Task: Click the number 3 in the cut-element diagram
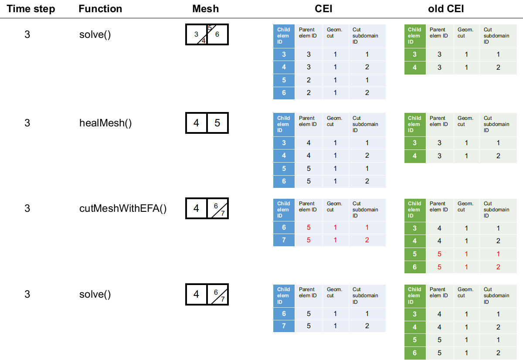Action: coord(196,34)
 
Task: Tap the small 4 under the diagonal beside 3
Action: coord(204,41)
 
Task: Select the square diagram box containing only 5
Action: coord(217,123)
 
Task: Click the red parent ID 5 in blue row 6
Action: coord(309,228)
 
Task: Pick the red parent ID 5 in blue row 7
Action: coord(309,240)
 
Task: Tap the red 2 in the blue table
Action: coord(367,240)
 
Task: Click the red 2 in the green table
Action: coord(498,267)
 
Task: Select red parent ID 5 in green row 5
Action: coord(439,254)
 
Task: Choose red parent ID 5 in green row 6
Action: coord(439,267)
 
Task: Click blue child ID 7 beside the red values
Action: coord(284,240)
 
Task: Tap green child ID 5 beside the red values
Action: coord(414,254)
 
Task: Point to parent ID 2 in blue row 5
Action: coord(309,80)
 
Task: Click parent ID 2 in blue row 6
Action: coord(309,93)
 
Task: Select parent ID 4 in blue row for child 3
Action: coord(309,143)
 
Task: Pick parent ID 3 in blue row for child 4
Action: coord(309,67)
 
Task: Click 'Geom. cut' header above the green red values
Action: coord(465,207)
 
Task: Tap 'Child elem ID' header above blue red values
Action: coord(283,209)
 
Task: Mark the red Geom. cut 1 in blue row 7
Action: coord(335,240)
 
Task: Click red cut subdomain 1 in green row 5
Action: coord(498,254)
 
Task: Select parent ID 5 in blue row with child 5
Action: coord(309,168)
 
